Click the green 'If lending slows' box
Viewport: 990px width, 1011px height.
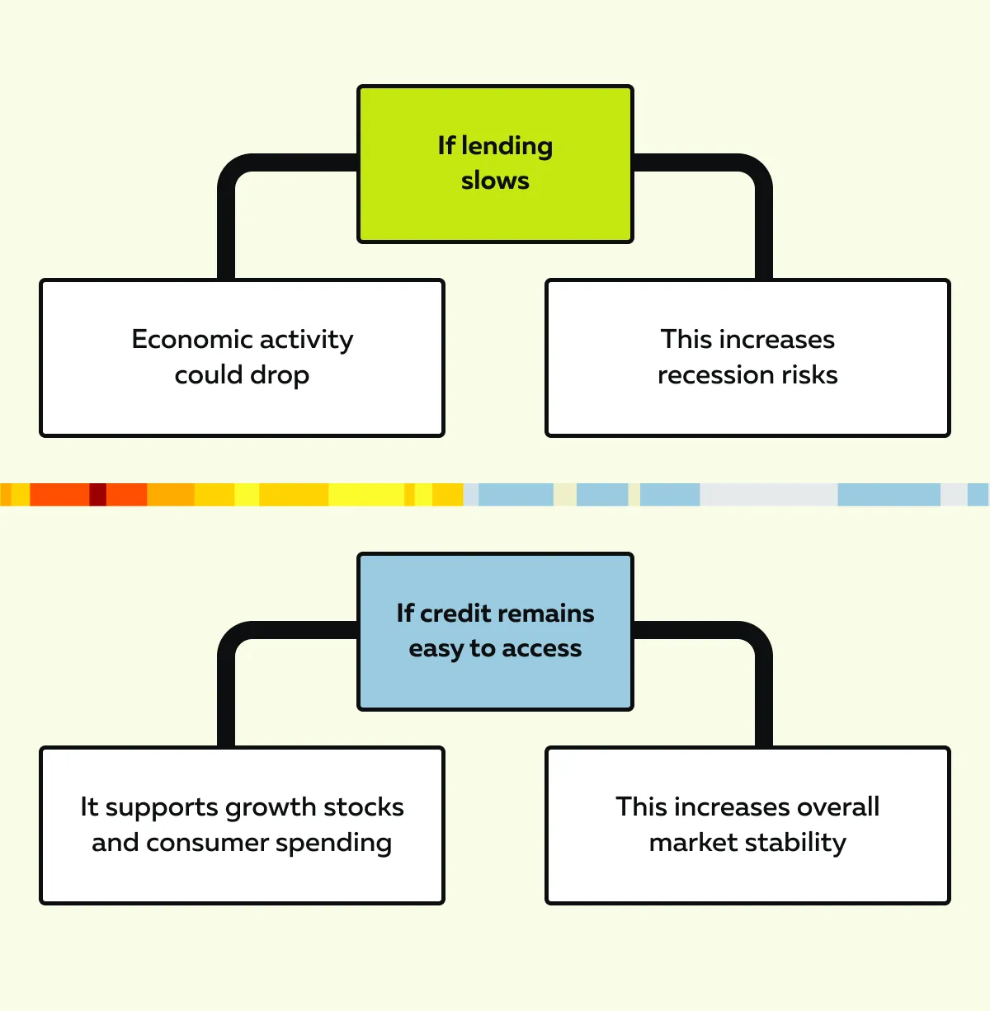pos(495,164)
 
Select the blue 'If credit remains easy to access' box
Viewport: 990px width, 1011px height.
pos(495,631)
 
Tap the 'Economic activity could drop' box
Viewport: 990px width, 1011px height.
pos(242,358)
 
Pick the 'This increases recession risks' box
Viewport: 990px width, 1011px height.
pos(747,358)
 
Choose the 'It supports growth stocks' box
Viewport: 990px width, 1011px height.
pos(242,825)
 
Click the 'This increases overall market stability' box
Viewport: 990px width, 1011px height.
pos(747,825)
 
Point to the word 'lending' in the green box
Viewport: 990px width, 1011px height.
pos(507,147)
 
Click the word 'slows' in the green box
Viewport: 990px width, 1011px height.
pos(495,181)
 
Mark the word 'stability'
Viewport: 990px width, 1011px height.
pos(795,843)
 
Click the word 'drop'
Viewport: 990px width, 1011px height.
pos(279,376)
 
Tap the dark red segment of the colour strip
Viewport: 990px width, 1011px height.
pos(97,495)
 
